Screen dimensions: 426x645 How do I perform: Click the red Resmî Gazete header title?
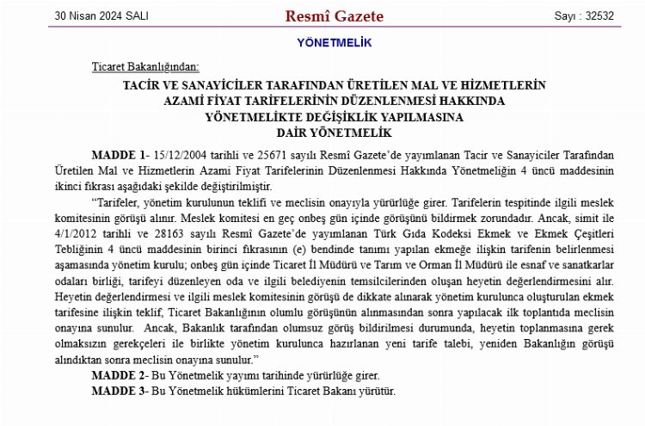pos(322,16)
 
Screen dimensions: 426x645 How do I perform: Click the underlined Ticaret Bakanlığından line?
pos(145,67)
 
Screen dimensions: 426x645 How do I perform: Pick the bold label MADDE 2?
pos(120,377)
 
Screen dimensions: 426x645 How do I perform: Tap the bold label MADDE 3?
pos(120,391)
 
